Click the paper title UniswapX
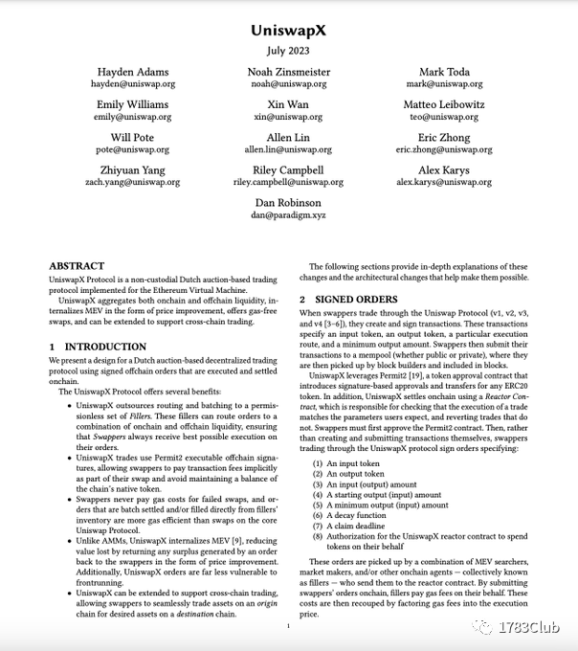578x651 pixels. click(x=288, y=30)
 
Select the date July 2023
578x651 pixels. click(x=288, y=51)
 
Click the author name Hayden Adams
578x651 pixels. click(x=132, y=72)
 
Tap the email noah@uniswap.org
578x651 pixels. click(x=288, y=84)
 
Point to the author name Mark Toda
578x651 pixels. click(x=443, y=72)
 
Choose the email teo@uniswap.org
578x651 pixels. click(x=443, y=117)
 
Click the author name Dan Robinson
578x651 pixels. click(x=288, y=203)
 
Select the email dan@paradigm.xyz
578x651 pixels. click(x=288, y=215)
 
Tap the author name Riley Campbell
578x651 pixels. click(x=288, y=170)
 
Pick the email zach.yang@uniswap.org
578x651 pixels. click(x=132, y=182)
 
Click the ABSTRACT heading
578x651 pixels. click(x=77, y=266)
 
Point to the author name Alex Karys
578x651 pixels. click(x=443, y=170)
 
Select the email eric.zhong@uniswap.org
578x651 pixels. click(x=443, y=149)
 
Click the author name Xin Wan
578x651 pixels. click(x=288, y=104)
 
